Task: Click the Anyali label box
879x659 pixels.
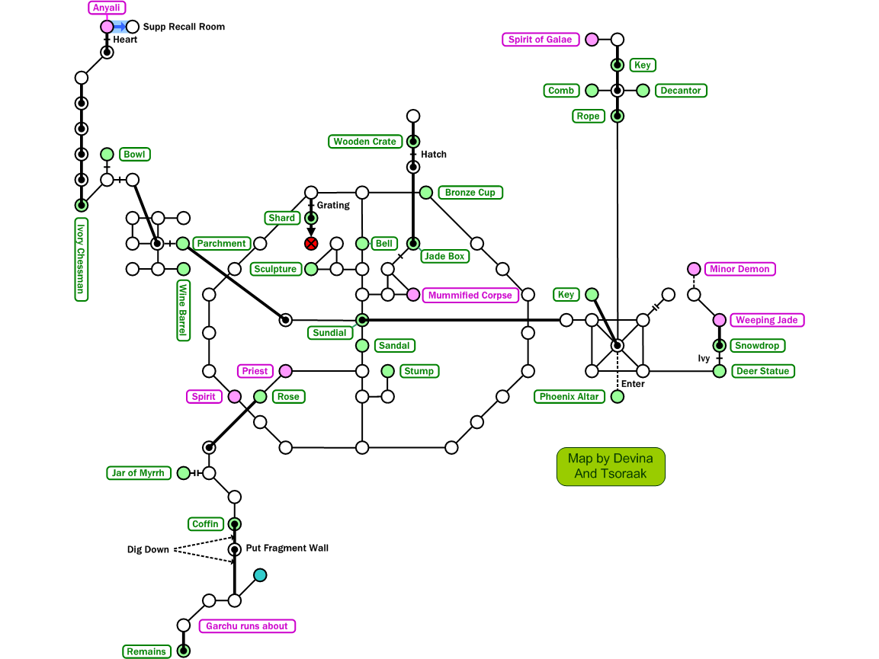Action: (107, 8)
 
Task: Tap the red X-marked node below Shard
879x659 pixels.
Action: (311, 244)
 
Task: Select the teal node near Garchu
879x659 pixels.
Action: (260, 575)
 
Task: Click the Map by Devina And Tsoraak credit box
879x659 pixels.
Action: (611, 466)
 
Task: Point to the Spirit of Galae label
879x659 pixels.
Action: (541, 40)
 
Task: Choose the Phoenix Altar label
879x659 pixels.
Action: (569, 397)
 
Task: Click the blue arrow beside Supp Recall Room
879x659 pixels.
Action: (120, 27)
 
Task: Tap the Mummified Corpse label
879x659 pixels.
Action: (470, 295)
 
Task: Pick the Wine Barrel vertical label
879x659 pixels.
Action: (183, 310)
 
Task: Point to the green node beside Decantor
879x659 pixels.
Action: (643, 91)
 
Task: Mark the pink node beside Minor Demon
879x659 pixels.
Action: (694, 269)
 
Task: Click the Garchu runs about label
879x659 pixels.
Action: (247, 626)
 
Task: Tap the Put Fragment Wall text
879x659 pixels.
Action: (287, 549)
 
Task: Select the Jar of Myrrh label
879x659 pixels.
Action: (138, 473)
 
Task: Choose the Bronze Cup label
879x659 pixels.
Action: (470, 193)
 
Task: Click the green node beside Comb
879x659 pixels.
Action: (592, 91)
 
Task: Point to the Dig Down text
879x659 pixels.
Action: (148, 549)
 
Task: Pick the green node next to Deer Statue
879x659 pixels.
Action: (719, 371)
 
